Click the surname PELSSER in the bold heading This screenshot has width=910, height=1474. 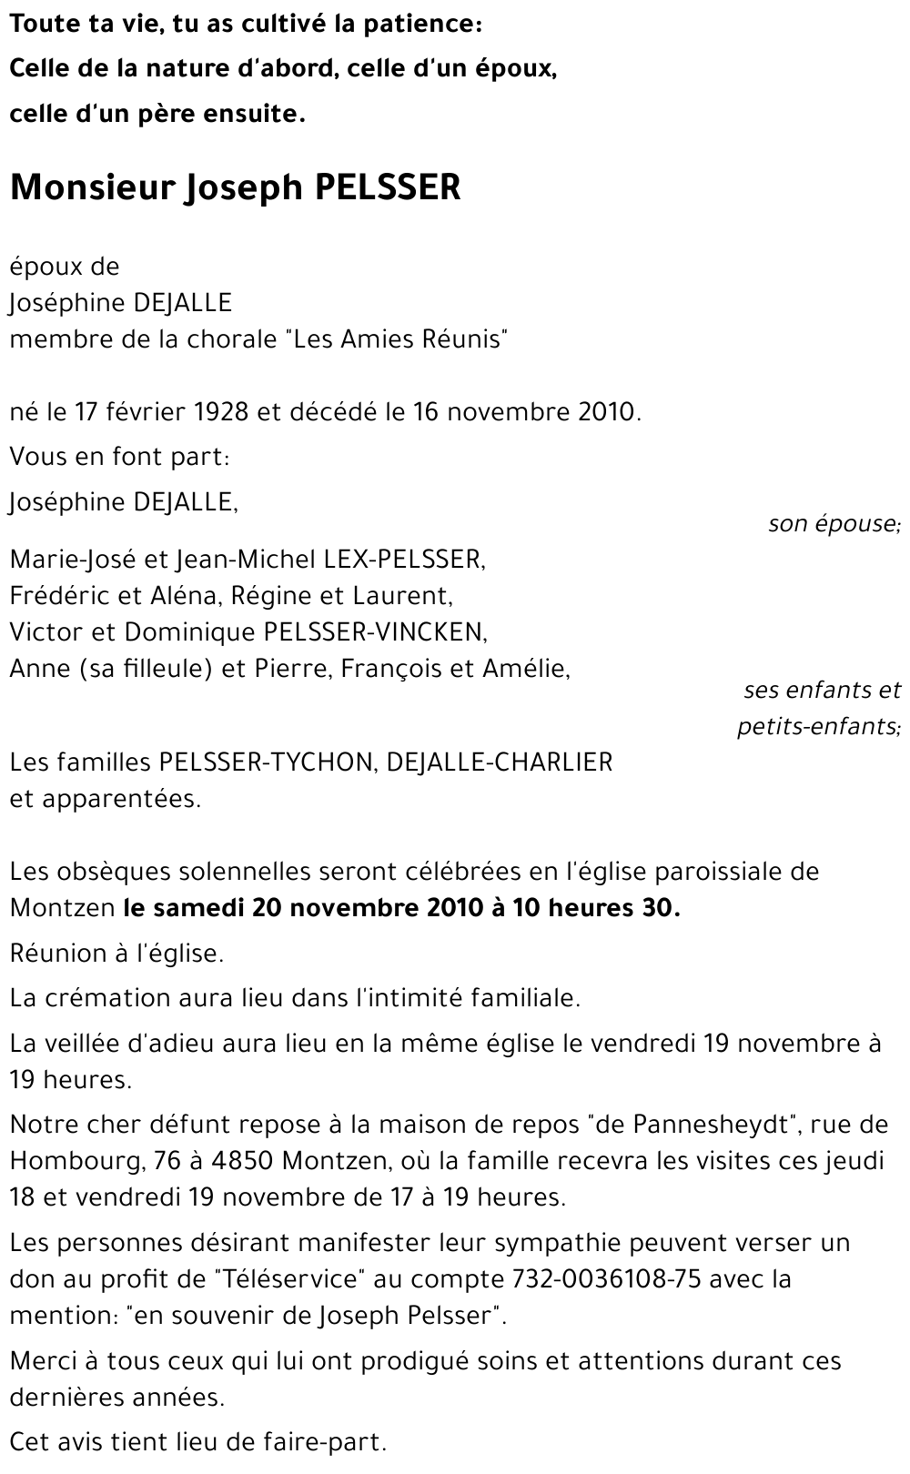[388, 187]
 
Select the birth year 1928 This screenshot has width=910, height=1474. [221, 412]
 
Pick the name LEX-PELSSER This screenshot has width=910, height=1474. [404, 559]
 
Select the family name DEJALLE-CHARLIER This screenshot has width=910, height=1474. [500, 762]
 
